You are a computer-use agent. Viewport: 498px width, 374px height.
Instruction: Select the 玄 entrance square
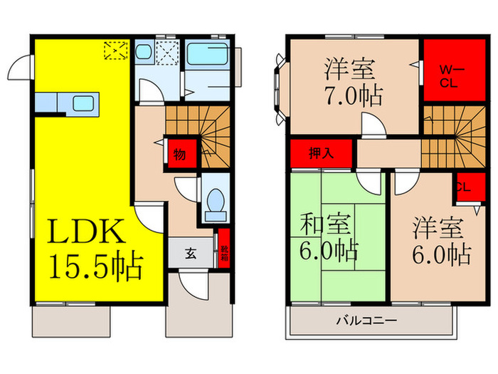pos(192,251)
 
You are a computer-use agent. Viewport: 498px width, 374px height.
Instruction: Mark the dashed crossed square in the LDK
pos(114,50)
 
